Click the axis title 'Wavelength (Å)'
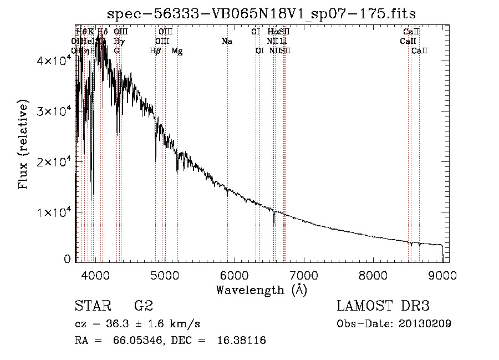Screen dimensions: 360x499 [261, 290]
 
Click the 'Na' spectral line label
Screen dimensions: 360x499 [226, 42]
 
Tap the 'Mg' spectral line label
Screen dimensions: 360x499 [177, 51]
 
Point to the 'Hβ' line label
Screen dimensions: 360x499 [156, 51]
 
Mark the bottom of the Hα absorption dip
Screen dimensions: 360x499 [274, 222]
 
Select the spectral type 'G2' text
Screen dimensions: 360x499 [144, 306]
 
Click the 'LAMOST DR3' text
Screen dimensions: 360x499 [383, 306]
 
